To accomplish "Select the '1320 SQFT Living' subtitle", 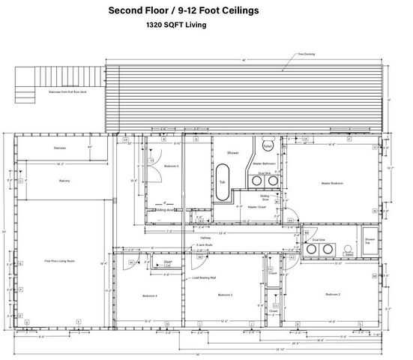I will coord(176,25).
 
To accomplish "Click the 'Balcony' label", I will coord(64,181).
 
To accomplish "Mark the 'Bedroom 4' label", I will coord(150,295).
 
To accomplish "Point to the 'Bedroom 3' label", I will coord(225,295).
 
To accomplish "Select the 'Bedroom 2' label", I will coord(333,295).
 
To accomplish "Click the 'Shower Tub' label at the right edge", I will coord(370,241).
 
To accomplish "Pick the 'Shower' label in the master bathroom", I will coord(233,152).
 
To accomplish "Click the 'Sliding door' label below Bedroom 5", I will coord(166,211).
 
